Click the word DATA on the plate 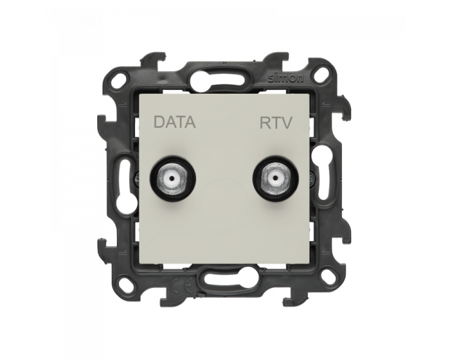pos(175,122)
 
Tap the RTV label pos(276,122)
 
